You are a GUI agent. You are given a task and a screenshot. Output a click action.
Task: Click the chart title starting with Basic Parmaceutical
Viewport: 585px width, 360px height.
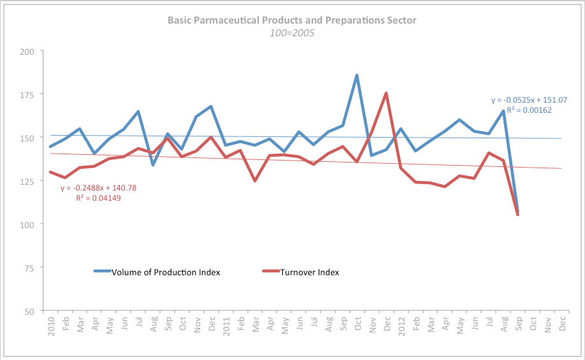[x=292, y=20]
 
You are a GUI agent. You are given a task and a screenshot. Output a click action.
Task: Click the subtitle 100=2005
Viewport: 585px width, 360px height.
[x=292, y=32]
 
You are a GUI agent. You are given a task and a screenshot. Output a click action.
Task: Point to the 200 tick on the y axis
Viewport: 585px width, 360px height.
[x=29, y=51]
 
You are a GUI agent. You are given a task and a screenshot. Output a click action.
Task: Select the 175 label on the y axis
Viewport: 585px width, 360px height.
[x=29, y=94]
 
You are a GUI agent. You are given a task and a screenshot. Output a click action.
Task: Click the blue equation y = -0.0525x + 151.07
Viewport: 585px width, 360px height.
[x=529, y=100]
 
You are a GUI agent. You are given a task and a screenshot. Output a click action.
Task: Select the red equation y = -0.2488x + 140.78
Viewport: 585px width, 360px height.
[x=99, y=188]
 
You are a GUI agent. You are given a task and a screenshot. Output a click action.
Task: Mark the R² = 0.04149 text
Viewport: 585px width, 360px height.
[x=99, y=198]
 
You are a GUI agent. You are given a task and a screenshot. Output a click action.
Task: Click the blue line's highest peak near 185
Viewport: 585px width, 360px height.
[x=357, y=75]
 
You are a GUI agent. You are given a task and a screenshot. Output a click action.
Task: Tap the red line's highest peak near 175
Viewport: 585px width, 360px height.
[x=386, y=93]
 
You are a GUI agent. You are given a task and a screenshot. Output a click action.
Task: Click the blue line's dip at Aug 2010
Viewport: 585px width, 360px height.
[x=153, y=165]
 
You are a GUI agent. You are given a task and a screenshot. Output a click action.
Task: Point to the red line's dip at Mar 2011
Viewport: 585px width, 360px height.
[x=255, y=181]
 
